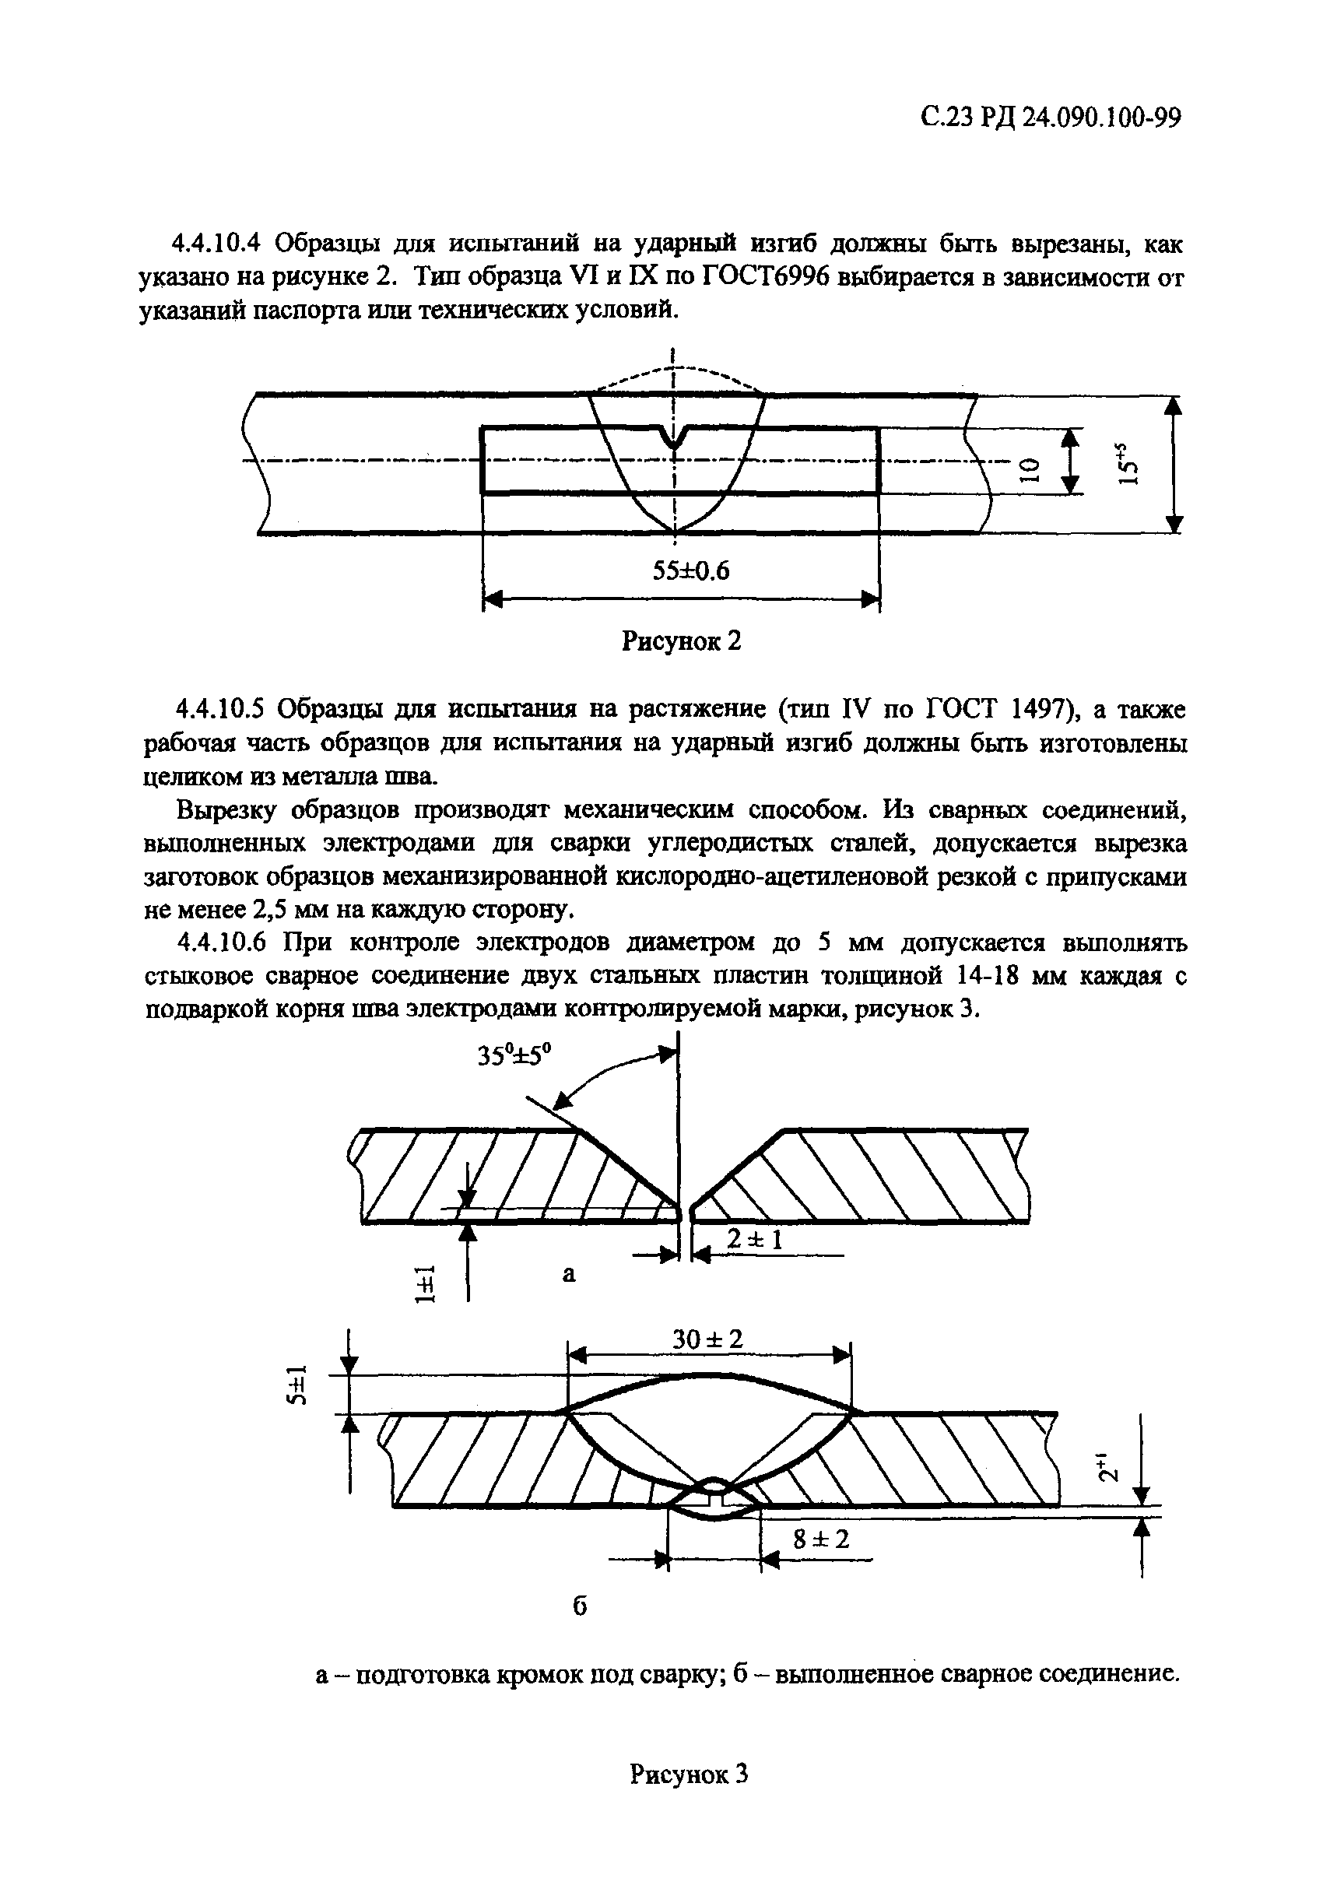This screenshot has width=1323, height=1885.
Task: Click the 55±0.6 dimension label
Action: tap(690, 570)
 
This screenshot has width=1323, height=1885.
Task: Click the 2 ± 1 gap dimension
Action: tap(755, 1239)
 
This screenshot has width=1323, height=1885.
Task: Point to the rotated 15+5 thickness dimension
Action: tap(1129, 465)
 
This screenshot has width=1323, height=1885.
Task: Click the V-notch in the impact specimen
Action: tap(674, 438)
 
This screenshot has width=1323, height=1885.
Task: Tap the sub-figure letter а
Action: tap(569, 1274)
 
